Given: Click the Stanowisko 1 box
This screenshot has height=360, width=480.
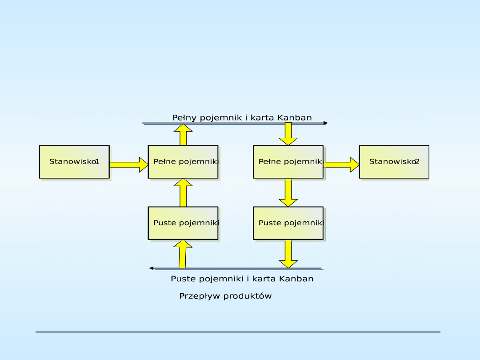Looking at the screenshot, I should pyautogui.click(x=74, y=162).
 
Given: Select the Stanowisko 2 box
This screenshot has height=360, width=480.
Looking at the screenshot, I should pyautogui.click(x=394, y=162).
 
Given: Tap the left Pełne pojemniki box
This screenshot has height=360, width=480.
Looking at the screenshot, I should pyautogui.click(x=183, y=162).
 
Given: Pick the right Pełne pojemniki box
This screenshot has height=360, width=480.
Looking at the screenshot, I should pyautogui.click(x=288, y=162).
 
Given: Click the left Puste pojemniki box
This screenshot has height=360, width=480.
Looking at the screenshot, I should pyautogui.click(x=183, y=223).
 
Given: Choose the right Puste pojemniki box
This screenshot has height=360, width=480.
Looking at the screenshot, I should pyautogui.click(x=288, y=223).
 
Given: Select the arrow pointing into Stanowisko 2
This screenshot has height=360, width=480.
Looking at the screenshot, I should pyautogui.click(x=341, y=164).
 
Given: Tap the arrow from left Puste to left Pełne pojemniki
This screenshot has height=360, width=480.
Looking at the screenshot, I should pyautogui.click(x=183, y=192).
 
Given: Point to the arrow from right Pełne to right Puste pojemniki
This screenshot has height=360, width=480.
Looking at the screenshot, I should pyautogui.click(x=288, y=192).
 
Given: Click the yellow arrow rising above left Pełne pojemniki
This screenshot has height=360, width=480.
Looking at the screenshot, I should pyautogui.click(x=183, y=135).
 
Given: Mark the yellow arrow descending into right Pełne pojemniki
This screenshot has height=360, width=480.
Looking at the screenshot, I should pyautogui.click(x=288, y=134).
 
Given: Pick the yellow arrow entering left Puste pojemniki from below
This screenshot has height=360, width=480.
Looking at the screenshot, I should pyautogui.click(x=183, y=254).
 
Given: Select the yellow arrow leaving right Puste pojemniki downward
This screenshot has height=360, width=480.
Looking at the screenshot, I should pyautogui.click(x=288, y=254).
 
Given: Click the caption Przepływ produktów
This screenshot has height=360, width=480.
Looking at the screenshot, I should pyautogui.click(x=225, y=296).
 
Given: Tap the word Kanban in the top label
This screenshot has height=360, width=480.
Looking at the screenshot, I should pyautogui.click(x=295, y=118).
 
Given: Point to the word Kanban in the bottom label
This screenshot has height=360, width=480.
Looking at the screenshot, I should pyautogui.click(x=296, y=279).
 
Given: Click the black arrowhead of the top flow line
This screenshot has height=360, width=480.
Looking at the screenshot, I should pyautogui.click(x=326, y=123).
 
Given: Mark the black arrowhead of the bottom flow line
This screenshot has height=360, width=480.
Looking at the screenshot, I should pyautogui.click(x=152, y=268).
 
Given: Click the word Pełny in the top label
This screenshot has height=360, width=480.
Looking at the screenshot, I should pyautogui.click(x=184, y=118).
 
